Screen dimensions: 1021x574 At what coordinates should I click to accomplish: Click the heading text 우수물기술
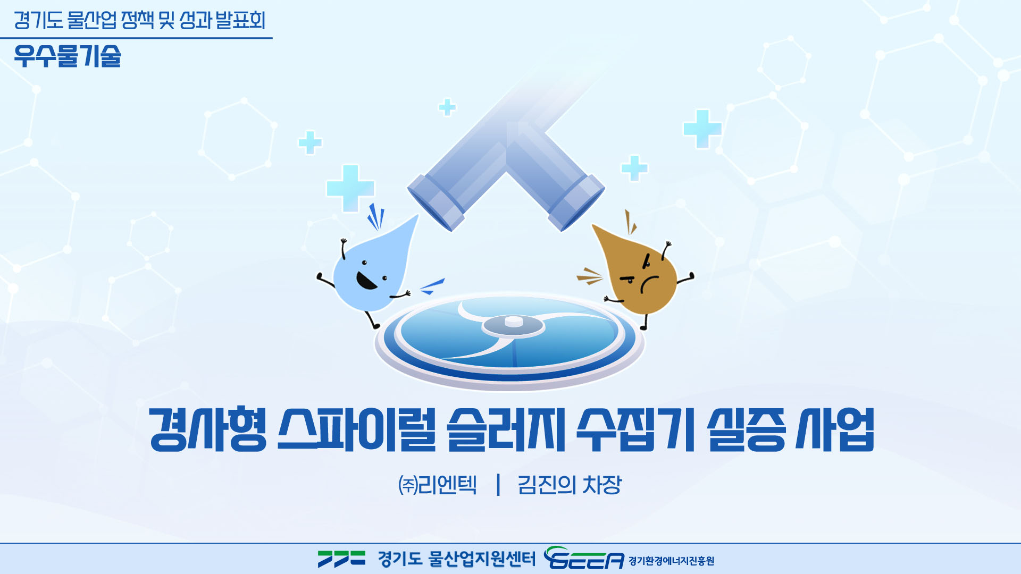[68, 56]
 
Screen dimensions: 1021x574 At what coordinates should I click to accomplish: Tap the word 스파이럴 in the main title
[357, 429]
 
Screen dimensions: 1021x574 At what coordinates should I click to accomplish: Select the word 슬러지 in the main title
[506, 429]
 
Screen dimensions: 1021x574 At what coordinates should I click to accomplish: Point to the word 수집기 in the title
[636, 429]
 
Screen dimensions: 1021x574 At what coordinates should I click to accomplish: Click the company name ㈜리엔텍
[437, 485]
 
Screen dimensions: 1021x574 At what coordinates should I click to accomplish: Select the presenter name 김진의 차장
[570, 485]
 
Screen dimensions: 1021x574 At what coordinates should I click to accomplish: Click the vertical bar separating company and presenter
[498, 485]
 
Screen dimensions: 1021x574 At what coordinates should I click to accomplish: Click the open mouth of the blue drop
[365, 280]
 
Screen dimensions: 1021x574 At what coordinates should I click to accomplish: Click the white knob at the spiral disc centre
[514, 321]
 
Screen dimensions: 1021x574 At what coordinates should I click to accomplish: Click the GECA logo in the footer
[584, 558]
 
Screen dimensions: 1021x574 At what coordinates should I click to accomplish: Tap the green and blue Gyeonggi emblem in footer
[341, 559]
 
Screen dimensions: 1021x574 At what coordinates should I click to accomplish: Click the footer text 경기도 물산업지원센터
[457, 559]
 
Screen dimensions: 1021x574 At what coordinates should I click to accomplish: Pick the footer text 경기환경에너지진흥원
[671, 561]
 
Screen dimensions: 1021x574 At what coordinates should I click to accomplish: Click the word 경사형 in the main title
[208, 429]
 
